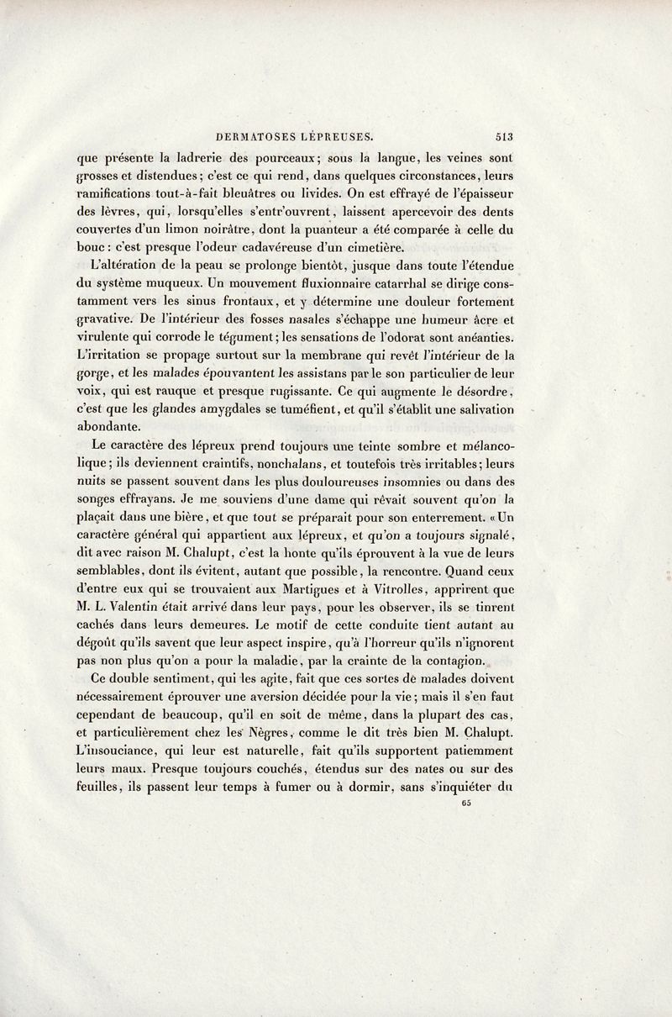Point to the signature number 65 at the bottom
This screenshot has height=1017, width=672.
tap(467, 803)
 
